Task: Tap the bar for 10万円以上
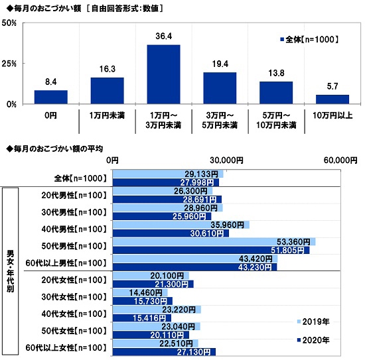pyautogui.click(x=332, y=99)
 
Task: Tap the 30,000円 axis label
pyautogui.click(x=226, y=160)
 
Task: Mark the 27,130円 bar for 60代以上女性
pyautogui.click(x=164, y=351)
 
